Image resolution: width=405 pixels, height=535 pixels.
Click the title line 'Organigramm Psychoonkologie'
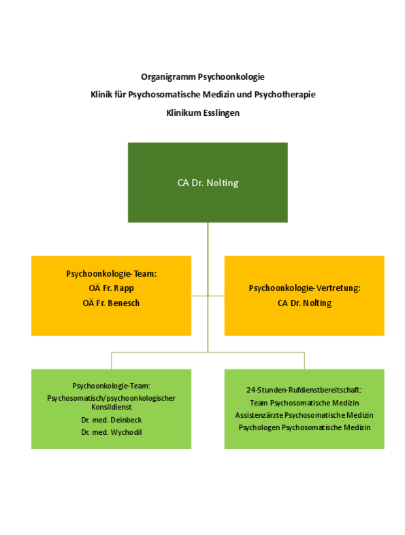(x=202, y=77)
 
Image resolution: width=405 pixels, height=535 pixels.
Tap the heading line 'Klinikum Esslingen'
(x=202, y=112)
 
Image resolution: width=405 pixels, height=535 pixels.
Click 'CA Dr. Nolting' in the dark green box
(x=208, y=183)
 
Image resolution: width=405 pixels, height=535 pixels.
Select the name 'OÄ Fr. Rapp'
(x=111, y=288)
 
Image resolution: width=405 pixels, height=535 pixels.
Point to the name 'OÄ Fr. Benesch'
(x=111, y=303)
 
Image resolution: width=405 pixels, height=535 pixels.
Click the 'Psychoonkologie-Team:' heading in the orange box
(x=111, y=273)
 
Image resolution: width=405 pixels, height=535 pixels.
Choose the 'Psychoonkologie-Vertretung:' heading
(x=304, y=288)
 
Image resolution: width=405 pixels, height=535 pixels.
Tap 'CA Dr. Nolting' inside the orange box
(x=304, y=303)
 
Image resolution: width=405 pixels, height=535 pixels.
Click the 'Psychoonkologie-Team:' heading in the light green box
(x=111, y=385)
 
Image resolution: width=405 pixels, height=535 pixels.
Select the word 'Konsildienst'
(x=111, y=407)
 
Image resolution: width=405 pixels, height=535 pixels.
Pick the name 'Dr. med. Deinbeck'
(x=111, y=420)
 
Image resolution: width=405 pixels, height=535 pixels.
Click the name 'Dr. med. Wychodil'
(x=111, y=432)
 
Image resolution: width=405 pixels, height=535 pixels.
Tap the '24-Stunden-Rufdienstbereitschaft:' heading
(x=304, y=391)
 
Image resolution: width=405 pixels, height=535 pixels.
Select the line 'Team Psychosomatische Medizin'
(x=304, y=403)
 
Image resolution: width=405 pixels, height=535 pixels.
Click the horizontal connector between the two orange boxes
(x=208, y=296)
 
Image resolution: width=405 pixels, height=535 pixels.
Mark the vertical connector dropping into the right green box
(x=304, y=361)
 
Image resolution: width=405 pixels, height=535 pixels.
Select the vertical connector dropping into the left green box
(x=111, y=361)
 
